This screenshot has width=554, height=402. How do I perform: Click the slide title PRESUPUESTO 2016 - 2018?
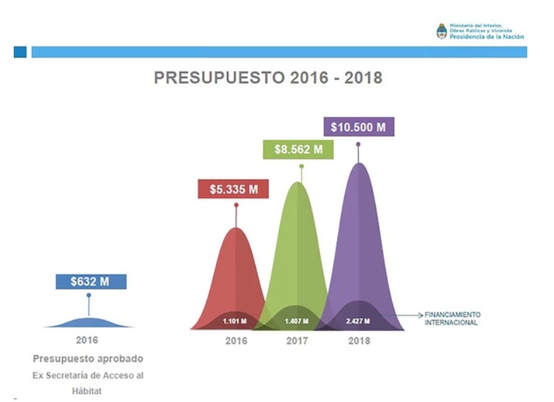coord(268,78)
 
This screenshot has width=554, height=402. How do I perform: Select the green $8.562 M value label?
coord(298,150)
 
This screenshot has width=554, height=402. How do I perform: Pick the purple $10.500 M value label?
coord(358,127)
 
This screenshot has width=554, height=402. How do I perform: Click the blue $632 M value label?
coord(89,281)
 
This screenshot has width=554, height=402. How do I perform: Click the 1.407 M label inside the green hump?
coord(296,321)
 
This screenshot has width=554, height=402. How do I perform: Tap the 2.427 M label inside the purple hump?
coord(357,321)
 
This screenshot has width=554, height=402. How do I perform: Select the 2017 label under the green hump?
coord(296,340)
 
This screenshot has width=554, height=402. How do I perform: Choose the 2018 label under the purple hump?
coord(357,340)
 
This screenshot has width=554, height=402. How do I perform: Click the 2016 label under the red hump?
coord(236,340)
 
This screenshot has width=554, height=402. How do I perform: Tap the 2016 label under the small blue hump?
coord(87,340)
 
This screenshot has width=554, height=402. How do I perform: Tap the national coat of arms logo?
coord(442,31)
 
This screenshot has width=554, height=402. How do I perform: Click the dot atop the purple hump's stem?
coord(358,144)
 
